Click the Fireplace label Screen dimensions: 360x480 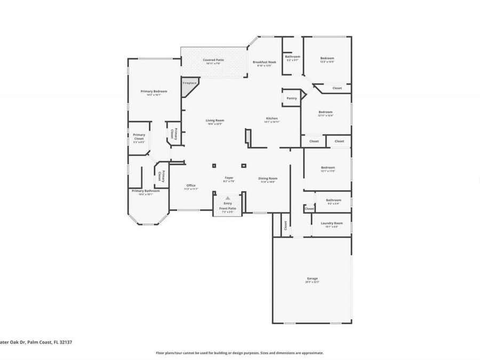pos(190,83)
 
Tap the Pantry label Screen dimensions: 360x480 pos(292,98)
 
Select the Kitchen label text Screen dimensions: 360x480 pos(271,118)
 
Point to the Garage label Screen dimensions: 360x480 pos(312,278)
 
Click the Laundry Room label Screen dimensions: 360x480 pos(331,223)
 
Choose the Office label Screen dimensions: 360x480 pos(191,185)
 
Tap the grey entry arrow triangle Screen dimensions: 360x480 pos(228,198)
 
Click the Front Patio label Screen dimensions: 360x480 pos(228,209)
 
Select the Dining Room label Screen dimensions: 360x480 pos(267,179)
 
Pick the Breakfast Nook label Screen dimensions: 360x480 pos(264,62)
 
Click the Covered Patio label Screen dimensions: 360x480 pos(213,60)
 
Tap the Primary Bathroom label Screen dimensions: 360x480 pos(146,190)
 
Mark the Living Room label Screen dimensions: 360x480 pos(214,120)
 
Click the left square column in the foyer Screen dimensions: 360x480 pos(214,165)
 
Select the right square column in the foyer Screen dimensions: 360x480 pos(243,165)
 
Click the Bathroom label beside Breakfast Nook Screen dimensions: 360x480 pos(292,57)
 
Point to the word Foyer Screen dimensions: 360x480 pos(229,178)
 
